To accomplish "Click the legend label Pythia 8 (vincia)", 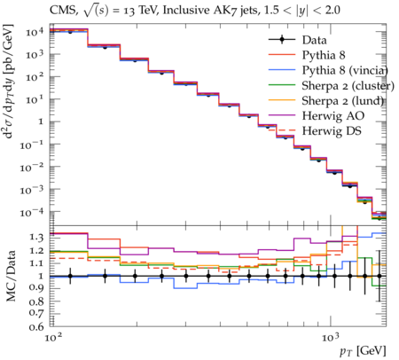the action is pyautogui.click(x=345, y=70).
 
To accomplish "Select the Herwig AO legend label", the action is pyautogui.click(x=333, y=115).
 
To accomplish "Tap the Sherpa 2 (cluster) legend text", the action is pyautogui.click(x=348, y=86).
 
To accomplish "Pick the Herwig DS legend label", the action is pyautogui.click(x=332, y=130).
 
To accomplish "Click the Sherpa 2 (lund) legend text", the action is pyautogui.click(x=342, y=101).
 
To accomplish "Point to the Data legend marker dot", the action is pyautogui.click(x=282, y=40).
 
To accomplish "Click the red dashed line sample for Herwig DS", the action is pyautogui.click(x=282, y=130).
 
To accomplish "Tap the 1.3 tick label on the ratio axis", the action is pyautogui.click(x=36, y=237).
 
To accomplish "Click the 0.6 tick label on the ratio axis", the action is pyautogui.click(x=36, y=326).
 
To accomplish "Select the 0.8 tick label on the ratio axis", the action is pyautogui.click(x=36, y=301).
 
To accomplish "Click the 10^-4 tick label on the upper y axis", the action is pyautogui.click(x=32, y=212).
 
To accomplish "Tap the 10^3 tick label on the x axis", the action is pyautogui.click(x=330, y=337).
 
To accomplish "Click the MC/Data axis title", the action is pyautogui.click(x=11, y=276).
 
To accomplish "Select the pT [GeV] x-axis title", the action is pyautogui.click(x=363, y=351).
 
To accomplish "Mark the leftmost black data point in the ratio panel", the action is pyautogui.click(x=70, y=276).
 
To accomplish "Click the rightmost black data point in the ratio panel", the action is pyautogui.click(x=379, y=276).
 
